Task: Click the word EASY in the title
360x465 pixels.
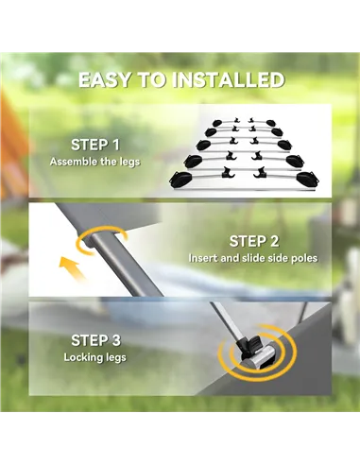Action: (x=104, y=80)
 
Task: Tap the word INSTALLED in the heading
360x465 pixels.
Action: (x=229, y=80)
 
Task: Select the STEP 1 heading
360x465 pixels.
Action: (x=95, y=145)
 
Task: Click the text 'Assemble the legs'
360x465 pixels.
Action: (x=94, y=162)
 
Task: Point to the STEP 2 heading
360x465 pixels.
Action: (x=254, y=241)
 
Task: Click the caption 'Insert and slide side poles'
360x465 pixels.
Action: (x=253, y=258)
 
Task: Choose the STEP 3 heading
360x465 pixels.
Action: (x=95, y=340)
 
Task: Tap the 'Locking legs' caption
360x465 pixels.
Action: (x=94, y=357)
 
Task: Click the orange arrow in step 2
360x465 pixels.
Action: (x=72, y=267)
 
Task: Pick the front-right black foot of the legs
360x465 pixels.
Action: (x=308, y=179)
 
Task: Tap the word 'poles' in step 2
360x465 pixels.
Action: (x=304, y=258)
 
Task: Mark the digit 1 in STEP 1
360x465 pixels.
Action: (x=115, y=145)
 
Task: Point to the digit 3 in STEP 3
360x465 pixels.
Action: (x=116, y=340)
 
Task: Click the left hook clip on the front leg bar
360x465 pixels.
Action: (x=228, y=172)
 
